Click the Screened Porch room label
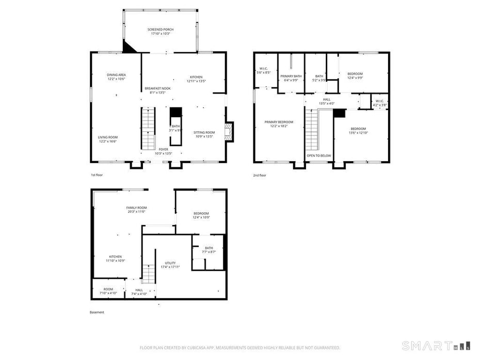tap(161, 32)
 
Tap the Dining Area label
tap(117, 77)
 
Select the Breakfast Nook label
tap(157, 90)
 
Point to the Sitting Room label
tap(204, 134)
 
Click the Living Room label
tap(108, 139)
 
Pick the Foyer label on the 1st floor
tap(163, 151)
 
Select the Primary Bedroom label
tap(279, 124)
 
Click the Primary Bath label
tap(291, 78)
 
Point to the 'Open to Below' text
tap(319, 155)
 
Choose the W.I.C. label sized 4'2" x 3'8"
tap(380, 103)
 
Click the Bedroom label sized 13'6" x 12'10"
tap(358, 131)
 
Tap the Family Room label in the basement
tap(136, 209)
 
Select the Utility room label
tap(170, 265)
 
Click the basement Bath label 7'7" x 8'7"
tap(209, 249)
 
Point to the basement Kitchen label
tap(116, 258)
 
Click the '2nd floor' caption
tap(260, 176)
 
